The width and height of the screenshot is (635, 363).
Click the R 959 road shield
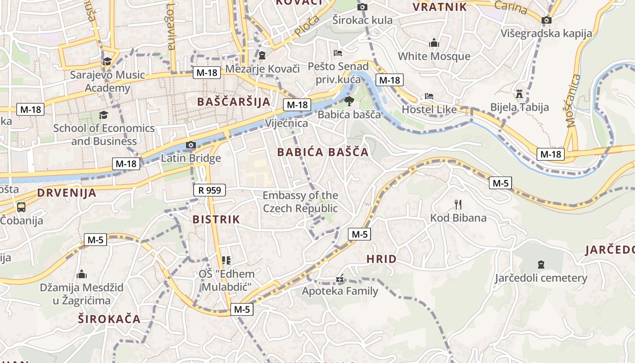coord(210,190)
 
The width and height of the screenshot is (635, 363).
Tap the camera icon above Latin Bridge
coord(191,145)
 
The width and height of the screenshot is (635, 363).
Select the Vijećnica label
coord(286,123)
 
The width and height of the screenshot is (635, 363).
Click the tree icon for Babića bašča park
coord(349,101)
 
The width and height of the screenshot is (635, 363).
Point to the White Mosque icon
coord(434,43)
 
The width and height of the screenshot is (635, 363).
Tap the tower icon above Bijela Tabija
coord(519,94)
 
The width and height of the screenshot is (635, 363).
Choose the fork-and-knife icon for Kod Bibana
coord(458,205)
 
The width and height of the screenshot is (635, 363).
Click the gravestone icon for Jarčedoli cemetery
coord(541,264)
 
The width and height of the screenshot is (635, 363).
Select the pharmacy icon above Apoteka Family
coord(340,278)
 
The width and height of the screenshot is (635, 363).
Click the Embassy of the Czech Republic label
coord(300,202)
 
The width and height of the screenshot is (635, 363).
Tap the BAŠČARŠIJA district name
coord(234,102)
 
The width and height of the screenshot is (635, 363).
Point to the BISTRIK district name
coord(216,220)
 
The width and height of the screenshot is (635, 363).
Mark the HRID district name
coord(381,259)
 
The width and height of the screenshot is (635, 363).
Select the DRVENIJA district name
coord(67,193)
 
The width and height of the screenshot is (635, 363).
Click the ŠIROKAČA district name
coord(109,319)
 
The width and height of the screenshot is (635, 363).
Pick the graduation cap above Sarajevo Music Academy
coord(107,62)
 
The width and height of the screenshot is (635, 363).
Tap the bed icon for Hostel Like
coord(429,96)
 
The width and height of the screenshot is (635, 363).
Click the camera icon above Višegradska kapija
coord(547,20)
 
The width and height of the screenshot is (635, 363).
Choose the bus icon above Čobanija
coord(21,207)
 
